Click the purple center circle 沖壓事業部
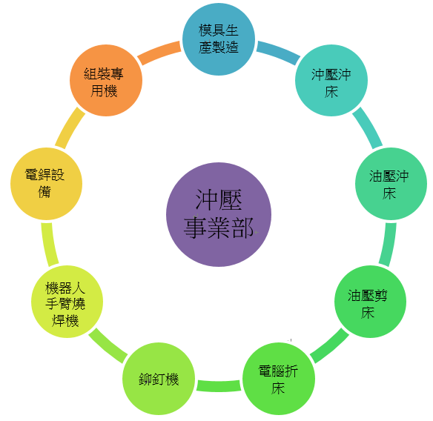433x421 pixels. click(x=219, y=214)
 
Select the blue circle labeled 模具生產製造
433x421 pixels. click(x=219, y=39)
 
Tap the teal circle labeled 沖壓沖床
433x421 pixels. click(x=331, y=80)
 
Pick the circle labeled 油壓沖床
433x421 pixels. click(x=391, y=184)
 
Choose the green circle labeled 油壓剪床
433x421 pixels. click(x=370, y=302)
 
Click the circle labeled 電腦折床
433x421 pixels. click(x=279, y=379)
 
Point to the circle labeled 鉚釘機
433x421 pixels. click(x=159, y=379)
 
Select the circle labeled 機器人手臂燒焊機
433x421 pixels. click(x=67, y=302)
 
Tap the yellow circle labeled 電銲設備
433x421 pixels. click(x=47, y=184)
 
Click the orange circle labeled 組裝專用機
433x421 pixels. click(x=106, y=80)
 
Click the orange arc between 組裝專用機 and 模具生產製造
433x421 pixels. click(x=159, y=52)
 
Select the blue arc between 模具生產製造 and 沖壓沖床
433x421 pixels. click(x=279, y=52)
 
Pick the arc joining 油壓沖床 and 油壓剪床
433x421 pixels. click(x=389, y=244)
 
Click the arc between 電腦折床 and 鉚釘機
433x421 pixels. click(x=219, y=386)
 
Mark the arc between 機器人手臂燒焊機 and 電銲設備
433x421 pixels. click(x=49, y=244)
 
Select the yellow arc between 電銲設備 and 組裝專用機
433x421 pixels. click(x=69, y=127)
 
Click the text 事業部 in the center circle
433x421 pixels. click(x=219, y=228)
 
